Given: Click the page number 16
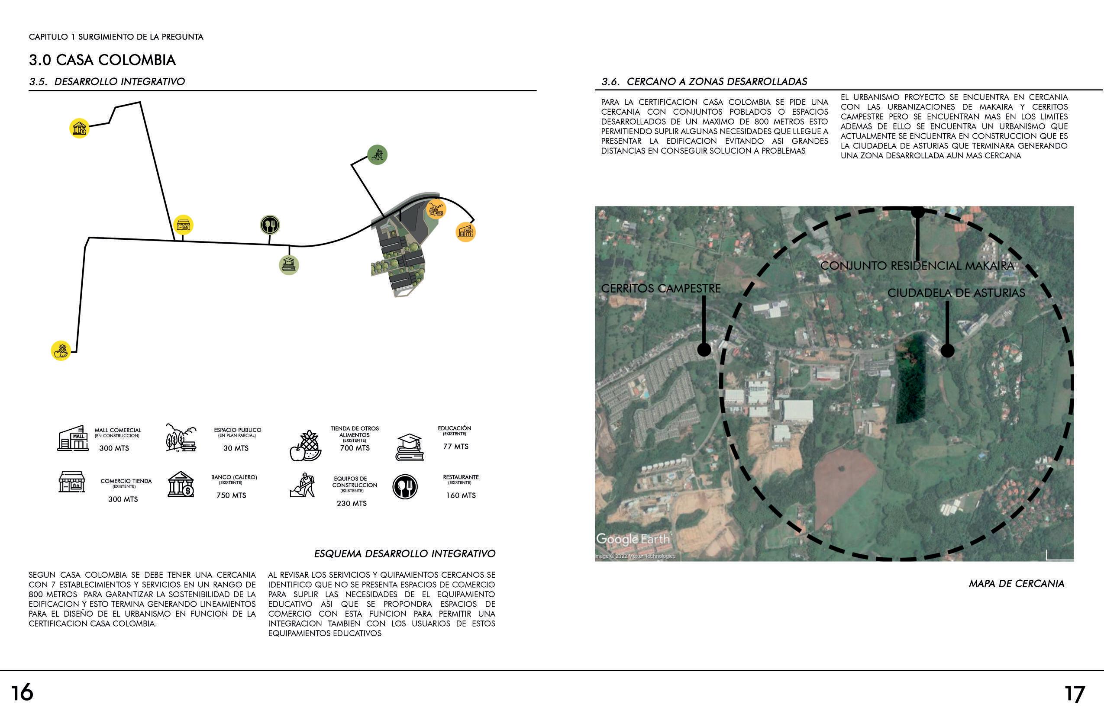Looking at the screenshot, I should point(22,693).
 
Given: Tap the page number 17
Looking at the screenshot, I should point(1075,694).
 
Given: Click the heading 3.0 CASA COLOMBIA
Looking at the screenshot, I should point(102,60).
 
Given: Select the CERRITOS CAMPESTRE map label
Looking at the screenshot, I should point(661,288).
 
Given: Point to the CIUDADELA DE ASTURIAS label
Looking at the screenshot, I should point(956,293).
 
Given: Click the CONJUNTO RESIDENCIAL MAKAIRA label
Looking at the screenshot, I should point(917,266).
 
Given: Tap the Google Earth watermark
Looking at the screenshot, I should point(633,539).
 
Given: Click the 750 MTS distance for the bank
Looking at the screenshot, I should point(231,495).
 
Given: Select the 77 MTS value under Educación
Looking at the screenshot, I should point(455,447).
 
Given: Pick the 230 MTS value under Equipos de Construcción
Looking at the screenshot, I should point(352,503).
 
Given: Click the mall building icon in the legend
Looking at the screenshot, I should point(73,438).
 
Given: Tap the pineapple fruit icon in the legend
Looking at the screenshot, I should point(305,446).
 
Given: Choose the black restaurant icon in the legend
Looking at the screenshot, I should point(405,487).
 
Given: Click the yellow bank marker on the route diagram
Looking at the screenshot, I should point(79,128).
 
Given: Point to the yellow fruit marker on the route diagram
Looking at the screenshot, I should point(61,351).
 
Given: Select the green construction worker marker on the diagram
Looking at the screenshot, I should point(377,154).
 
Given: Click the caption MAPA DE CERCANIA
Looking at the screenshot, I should point(1016,583).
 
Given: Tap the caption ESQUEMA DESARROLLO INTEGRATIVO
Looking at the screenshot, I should point(404,553).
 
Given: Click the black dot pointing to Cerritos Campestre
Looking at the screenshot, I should point(704,350).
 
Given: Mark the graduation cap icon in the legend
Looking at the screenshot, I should point(409,447).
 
